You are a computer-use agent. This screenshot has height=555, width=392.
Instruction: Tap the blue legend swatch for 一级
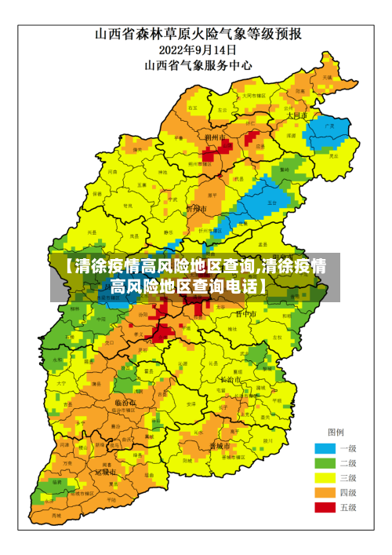pyautogui.click(x=325, y=448)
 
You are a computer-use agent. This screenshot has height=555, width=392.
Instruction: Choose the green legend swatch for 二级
pyautogui.click(x=325, y=463)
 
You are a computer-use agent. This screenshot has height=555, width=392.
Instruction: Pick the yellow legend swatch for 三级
pyautogui.click(x=325, y=478)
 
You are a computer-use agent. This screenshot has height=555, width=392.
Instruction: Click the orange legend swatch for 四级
pyautogui.click(x=325, y=493)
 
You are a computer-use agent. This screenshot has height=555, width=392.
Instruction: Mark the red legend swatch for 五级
pyautogui.click(x=325, y=508)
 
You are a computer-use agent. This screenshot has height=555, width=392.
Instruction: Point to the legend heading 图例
pyautogui.click(x=336, y=433)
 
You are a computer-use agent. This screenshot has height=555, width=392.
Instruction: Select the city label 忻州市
pyautogui.click(x=196, y=210)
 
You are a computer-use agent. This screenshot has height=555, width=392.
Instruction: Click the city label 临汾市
pyautogui.click(x=124, y=403)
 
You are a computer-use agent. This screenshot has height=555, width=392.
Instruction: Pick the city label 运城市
pyautogui.click(x=105, y=473)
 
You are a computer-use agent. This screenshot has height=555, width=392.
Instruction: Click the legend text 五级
pyautogui.click(x=347, y=508)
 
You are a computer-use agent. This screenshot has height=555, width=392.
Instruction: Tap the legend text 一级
pyautogui.click(x=347, y=448)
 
